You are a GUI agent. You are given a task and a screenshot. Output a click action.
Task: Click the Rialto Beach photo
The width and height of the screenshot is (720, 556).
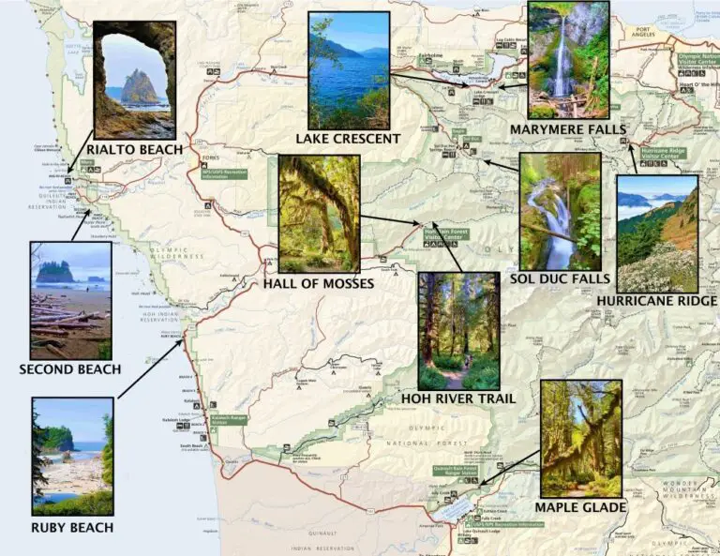coord(135,80)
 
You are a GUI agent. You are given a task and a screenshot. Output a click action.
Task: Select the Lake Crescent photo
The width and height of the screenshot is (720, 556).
coord(349,70)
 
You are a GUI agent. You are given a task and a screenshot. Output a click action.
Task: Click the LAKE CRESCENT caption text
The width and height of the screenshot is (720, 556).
coord(349,139)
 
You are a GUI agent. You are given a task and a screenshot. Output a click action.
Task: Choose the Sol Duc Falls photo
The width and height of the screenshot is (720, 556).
coord(560,211)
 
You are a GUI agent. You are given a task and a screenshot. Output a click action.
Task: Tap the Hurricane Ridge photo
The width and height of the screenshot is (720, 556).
coord(657,233)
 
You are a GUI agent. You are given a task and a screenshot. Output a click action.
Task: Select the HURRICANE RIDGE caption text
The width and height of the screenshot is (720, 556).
coord(656,301)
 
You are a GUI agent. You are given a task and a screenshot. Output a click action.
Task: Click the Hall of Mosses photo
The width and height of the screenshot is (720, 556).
coord(319,214)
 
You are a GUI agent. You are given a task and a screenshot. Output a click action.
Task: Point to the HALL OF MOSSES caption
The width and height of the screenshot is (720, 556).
coord(320,283)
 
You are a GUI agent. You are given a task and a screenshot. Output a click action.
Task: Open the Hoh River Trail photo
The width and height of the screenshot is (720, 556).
coord(458,331)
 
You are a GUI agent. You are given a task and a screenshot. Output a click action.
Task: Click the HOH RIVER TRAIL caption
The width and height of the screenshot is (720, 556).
coord(458,398)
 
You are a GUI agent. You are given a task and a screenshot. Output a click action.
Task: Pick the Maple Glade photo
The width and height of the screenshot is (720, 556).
coord(581,438)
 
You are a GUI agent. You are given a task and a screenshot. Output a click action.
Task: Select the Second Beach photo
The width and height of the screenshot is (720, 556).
coord(70,300)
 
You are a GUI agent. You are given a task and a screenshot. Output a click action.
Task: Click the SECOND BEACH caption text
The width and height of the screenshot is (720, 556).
coord(70,369)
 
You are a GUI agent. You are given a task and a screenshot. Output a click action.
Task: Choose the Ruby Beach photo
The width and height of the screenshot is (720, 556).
coord(72,457)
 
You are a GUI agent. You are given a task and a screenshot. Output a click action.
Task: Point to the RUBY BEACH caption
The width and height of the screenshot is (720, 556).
coord(72,527)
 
